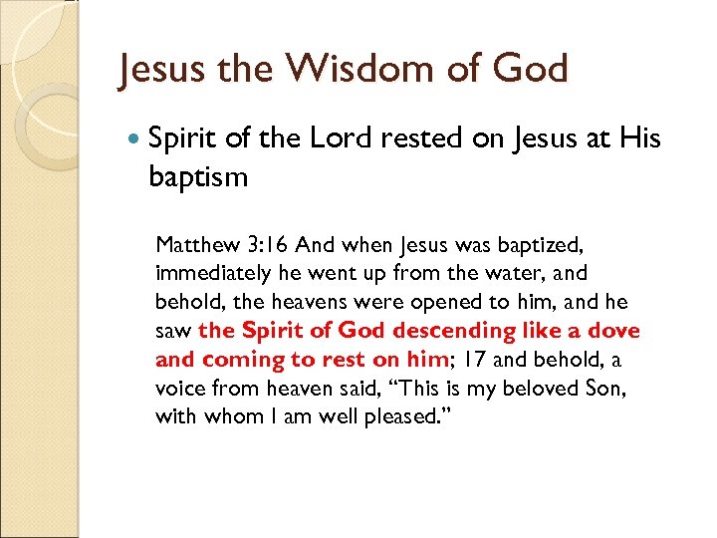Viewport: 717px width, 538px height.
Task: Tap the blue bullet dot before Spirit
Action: (x=134, y=139)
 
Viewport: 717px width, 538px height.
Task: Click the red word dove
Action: (x=615, y=331)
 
